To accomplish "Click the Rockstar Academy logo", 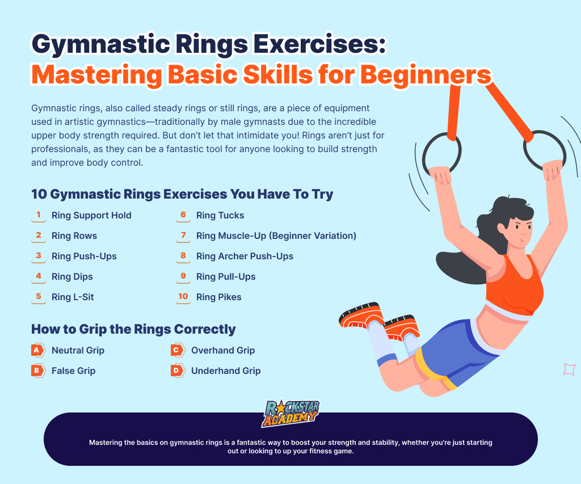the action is pos(291,413).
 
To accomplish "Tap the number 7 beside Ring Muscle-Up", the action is pos(183,235).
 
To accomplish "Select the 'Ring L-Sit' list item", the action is pos(73,297).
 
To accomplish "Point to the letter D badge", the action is pos(178,370).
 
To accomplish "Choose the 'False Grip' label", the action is pos(73,371).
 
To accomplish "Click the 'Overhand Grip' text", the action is pos(223,350).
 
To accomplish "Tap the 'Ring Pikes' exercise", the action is pos(218,297).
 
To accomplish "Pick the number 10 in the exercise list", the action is pos(183,296).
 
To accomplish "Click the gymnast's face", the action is pos(520,230).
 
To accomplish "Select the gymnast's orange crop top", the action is pos(514,284).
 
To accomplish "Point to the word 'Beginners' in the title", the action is pos(426,75).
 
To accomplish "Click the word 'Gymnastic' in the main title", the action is pos(101,44).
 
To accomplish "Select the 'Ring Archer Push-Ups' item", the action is pos(245,256).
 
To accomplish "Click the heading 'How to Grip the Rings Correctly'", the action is pos(133,329).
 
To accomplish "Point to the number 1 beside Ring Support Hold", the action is pos(39,214).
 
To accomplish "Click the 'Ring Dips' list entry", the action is pos(72,276).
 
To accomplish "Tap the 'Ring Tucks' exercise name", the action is pos(220,215).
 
